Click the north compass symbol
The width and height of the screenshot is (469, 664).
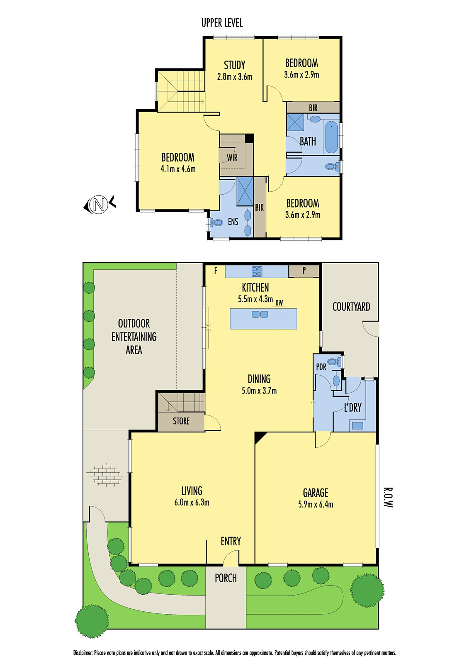pos(99,205)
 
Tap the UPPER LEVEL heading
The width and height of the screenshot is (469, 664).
pos(222,23)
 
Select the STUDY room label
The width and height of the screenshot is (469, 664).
pos(234,65)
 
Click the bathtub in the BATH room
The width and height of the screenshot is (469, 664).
pos(331,137)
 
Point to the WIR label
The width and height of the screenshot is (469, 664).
pos(232,158)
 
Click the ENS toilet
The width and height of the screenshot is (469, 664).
pos(216,223)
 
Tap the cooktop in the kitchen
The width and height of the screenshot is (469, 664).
pos(257,271)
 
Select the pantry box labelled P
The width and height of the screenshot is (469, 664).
pos(304,271)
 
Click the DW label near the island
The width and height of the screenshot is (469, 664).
pos(279,303)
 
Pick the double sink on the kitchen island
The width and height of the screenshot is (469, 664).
pos(260,314)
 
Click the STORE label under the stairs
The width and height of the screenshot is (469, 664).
pos(181,421)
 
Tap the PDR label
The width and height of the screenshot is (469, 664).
pos(321,367)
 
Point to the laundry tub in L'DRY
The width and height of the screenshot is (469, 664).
pos(357,425)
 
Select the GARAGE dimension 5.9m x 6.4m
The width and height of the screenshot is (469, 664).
pos(316,505)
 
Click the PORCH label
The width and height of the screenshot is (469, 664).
pos(226,578)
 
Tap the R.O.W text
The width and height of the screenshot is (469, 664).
pos(387,497)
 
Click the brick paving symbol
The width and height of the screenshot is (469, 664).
pos(105,474)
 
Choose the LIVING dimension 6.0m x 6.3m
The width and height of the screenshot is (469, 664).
pos(192,503)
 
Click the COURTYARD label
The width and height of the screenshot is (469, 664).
pos(351,307)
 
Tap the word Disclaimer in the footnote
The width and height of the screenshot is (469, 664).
pos(83,653)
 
